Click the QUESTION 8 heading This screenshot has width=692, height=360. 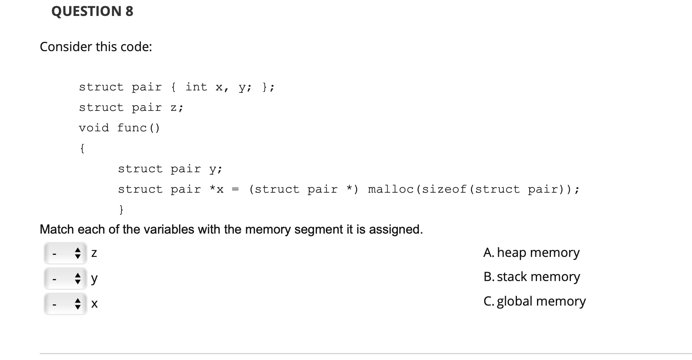pyautogui.click(x=92, y=11)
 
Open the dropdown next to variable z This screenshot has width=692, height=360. pyautogui.click(x=65, y=254)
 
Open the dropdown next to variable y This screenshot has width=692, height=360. pyautogui.click(x=65, y=279)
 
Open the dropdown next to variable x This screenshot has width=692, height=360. pyautogui.click(x=65, y=304)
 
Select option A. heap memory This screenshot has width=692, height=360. pyautogui.click(x=531, y=253)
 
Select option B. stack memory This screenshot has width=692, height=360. pyautogui.click(x=531, y=277)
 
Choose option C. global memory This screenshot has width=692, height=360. pyautogui.click(x=534, y=301)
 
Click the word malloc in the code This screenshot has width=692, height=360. pyautogui.click(x=391, y=189)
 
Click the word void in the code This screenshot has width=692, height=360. pyautogui.click(x=94, y=128)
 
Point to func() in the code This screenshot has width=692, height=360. pyautogui.click(x=138, y=128)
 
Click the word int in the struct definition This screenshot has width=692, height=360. pyautogui.click(x=196, y=87)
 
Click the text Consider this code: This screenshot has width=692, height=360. pyautogui.click(x=96, y=47)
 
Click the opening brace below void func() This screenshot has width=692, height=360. pyautogui.click(x=82, y=148)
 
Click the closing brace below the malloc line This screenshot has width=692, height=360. pyautogui.click(x=121, y=210)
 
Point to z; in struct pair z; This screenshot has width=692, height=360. pyautogui.click(x=177, y=108)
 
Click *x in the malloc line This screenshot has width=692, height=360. pyautogui.click(x=216, y=189)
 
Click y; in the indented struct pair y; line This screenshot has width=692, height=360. pyautogui.click(x=215, y=169)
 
